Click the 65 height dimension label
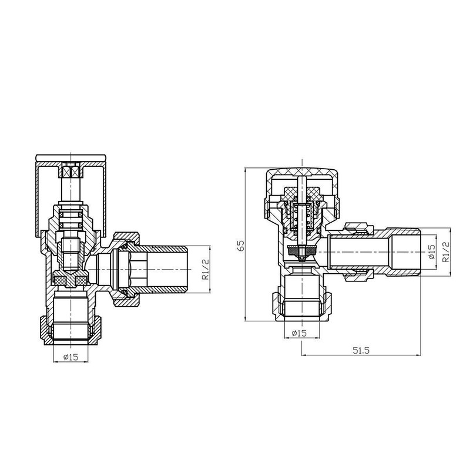241,245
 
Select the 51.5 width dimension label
361,350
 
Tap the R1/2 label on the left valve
205,269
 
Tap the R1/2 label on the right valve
446,252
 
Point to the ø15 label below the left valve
70,357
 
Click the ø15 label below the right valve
299,333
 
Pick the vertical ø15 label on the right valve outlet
431,252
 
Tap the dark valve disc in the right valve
301,249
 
